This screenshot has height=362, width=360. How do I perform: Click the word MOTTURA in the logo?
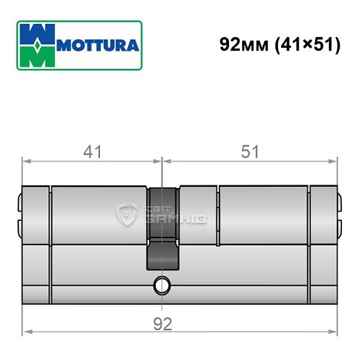coord(93,45)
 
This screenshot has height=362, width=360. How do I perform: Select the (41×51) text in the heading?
coord(306,45)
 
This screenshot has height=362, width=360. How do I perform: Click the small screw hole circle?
coord(160,286)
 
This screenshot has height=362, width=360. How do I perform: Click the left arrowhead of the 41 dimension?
coord(27,161)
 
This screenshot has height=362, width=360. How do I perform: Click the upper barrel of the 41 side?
coord(98,214)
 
